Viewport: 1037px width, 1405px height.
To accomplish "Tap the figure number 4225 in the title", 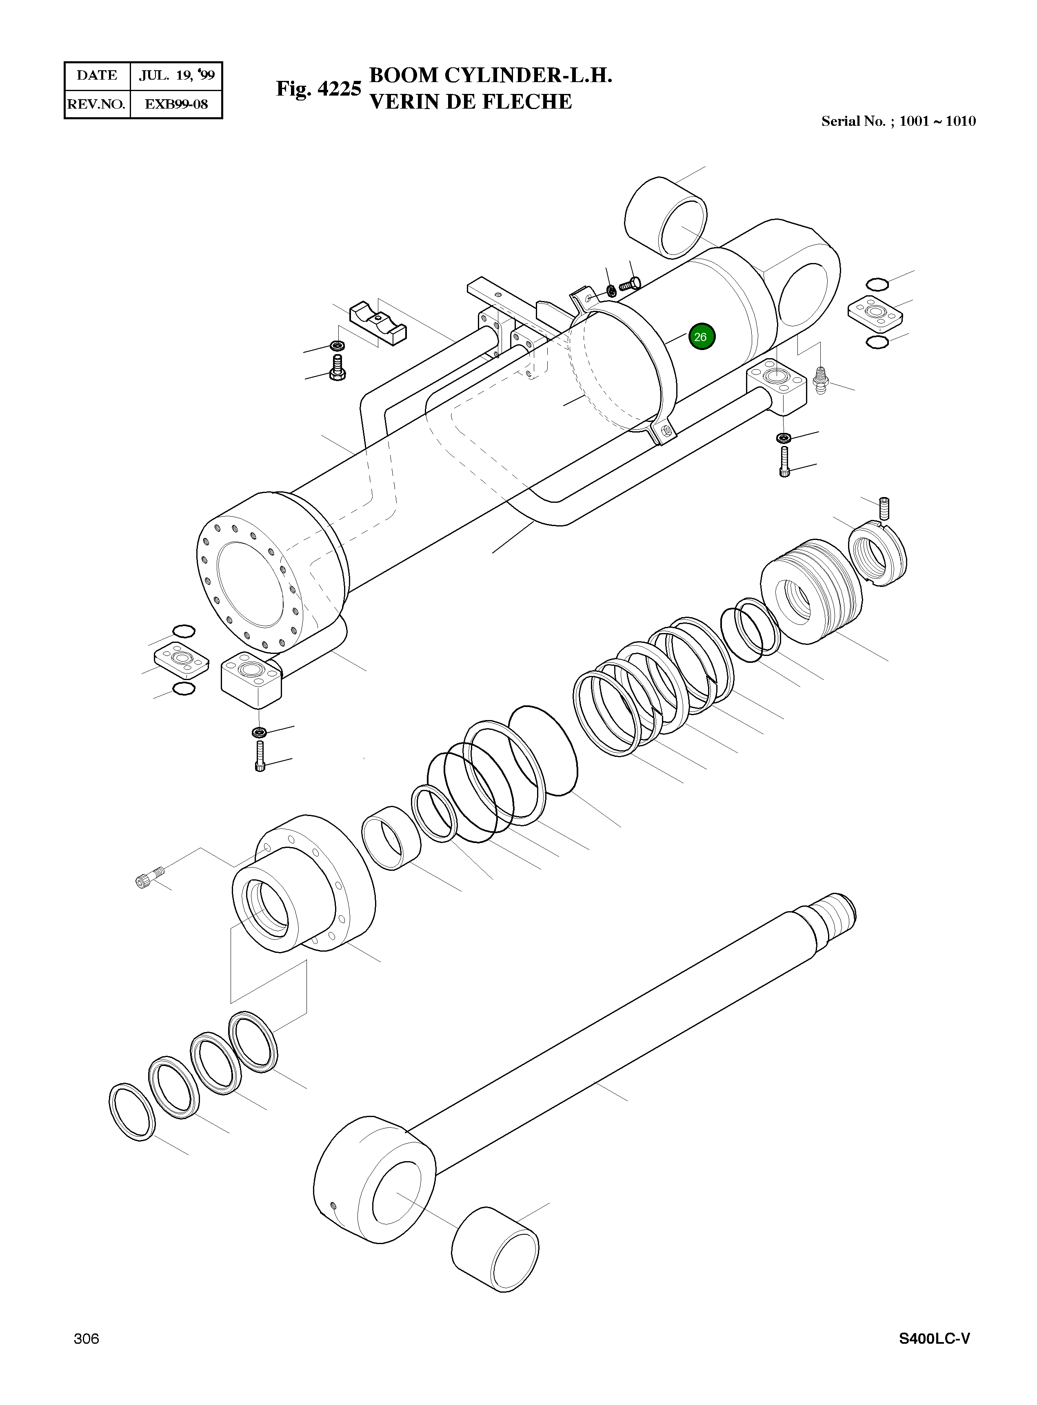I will click(339, 89).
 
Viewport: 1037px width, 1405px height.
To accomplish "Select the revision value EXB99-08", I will click(176, 104).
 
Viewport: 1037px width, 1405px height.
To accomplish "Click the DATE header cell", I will click(97, 76).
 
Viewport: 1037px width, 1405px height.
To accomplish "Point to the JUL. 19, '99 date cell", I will click(176, 76).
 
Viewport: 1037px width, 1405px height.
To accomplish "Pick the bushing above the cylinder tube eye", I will click(665, 217).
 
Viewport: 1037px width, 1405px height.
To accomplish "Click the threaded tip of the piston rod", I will click(834, 916).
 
